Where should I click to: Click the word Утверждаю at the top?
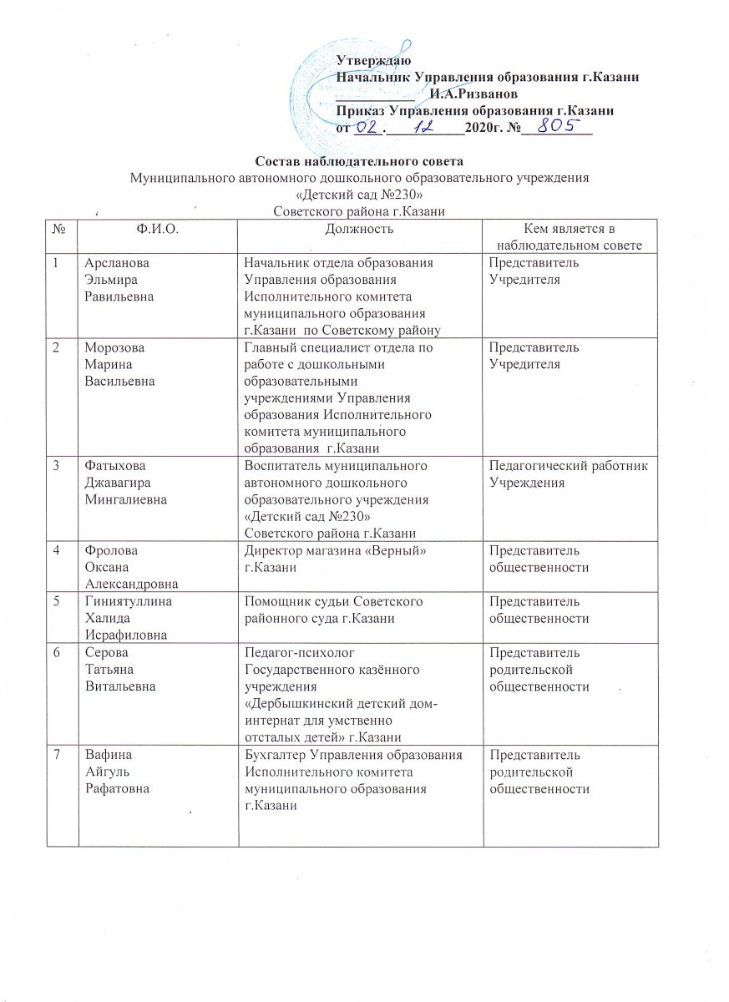(x=372, y=61)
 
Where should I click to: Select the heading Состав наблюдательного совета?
(x=358, y=160)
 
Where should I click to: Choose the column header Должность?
(x=360, y=228)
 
